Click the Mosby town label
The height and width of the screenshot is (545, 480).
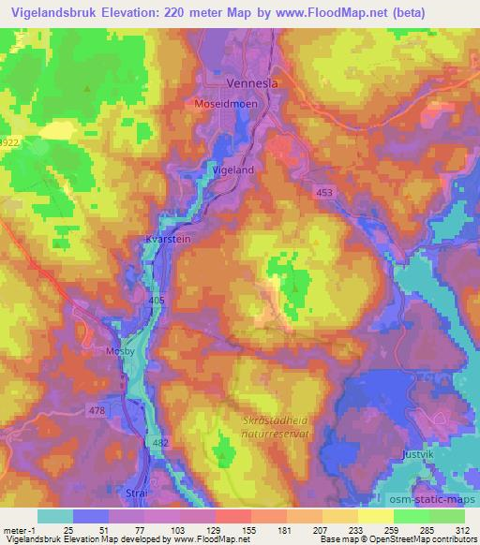[115, 353]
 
